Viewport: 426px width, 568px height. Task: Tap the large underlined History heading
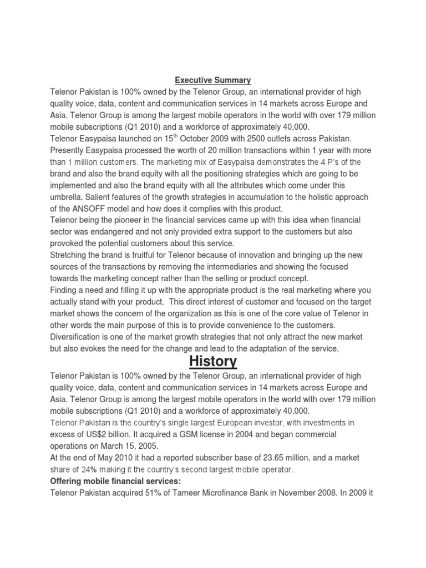[x=213, y=362]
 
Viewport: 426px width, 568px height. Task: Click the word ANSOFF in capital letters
[x=105, y=209]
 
